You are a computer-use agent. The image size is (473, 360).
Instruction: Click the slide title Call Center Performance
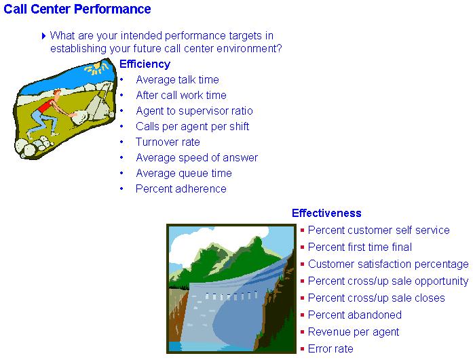[77, 9]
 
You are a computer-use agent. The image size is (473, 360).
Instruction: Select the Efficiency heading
[145, 64]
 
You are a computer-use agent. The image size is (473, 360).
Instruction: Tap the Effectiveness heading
[326, 213]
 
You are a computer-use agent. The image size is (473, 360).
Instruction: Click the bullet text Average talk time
[177, 79]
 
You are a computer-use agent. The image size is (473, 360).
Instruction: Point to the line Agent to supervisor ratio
[194, 111]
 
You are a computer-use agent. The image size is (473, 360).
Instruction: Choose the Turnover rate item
[168, 142]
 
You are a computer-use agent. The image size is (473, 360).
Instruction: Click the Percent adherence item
[181, 188]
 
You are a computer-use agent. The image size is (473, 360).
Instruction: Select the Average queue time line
[184, 174]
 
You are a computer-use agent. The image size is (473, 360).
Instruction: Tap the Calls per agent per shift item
[193, 127]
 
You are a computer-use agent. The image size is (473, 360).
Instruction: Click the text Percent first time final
[360, 247]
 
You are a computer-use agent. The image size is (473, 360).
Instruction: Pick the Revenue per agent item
[354, 332]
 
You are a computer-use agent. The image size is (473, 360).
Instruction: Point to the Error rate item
[330, 348]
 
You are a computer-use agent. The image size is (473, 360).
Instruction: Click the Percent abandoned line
[355, 315]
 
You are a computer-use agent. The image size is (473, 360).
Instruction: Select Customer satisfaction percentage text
[388, 264]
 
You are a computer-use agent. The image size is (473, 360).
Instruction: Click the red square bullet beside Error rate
[302, 349]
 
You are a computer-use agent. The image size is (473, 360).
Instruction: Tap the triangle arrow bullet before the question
[43, 36]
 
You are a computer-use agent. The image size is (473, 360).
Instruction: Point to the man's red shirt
[46, 106]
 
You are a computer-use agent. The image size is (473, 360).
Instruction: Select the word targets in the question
[246, 36]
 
